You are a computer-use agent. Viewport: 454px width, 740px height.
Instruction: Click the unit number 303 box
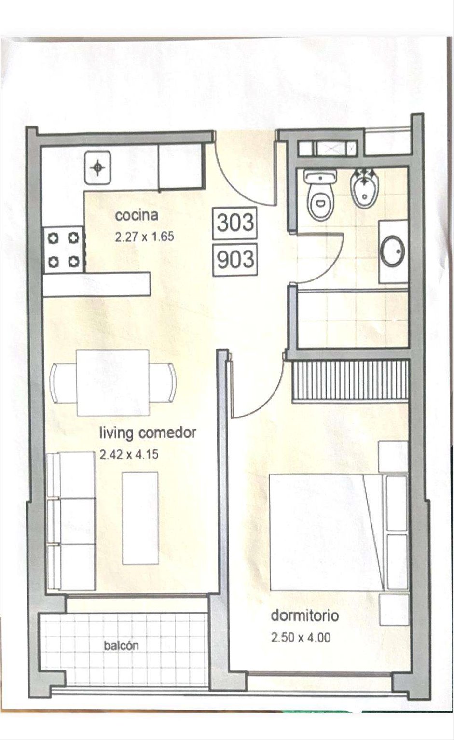point(235,223)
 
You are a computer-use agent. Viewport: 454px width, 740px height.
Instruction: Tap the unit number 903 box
point(235,259)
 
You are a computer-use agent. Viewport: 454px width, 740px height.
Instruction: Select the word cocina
point(137,215)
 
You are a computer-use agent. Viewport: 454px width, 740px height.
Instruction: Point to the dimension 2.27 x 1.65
point(144,237)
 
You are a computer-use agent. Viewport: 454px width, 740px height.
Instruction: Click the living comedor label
point(148,433)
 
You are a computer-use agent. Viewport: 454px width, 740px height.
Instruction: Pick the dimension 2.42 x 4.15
point(129,454)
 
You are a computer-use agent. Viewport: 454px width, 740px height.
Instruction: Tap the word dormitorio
point(305,615)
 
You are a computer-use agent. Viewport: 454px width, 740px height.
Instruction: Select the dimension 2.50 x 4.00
point(301,637)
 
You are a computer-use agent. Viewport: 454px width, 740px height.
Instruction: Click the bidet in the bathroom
point(364,190)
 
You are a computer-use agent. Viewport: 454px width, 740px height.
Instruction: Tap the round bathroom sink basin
point(392,251)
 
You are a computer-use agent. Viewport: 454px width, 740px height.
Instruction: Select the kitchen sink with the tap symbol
point(98,168)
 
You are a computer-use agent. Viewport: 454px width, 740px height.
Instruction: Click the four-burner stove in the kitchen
point(64,250)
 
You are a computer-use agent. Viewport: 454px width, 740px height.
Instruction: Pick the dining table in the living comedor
point(112,383)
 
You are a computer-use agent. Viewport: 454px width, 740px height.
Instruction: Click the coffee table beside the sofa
point(140,518)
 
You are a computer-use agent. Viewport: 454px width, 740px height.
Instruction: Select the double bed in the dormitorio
point(339,532)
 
